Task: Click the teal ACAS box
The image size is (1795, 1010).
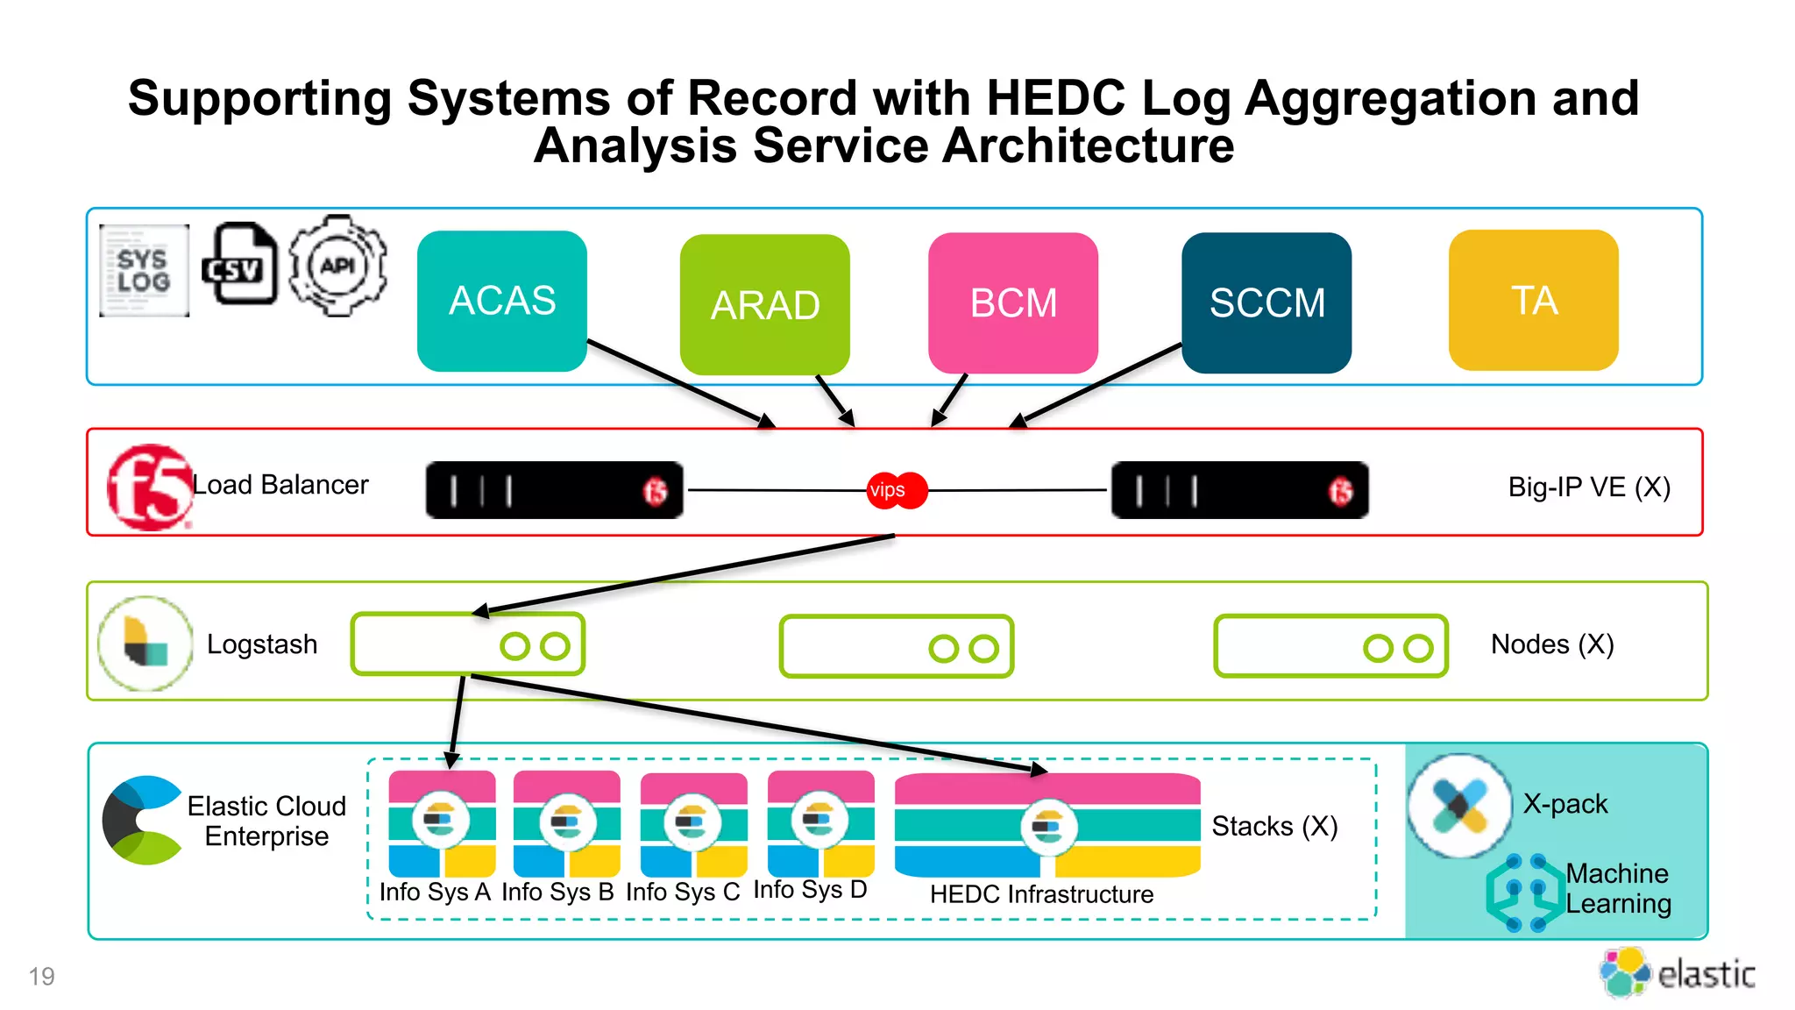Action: click(502, 301)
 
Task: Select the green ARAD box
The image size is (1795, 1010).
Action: click(764, 304)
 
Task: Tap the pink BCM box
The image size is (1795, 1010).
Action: click(1013, 302)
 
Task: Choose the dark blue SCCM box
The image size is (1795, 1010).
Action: click(1266, 302)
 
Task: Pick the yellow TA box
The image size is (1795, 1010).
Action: click(1534, 300)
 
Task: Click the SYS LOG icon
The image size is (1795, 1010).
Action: click(144, 270)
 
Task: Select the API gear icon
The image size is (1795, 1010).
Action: click(338, 266)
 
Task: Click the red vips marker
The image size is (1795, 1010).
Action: click(895, 490)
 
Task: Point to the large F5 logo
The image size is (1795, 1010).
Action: click(148, 487)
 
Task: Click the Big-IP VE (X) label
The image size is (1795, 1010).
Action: click(1588, 487)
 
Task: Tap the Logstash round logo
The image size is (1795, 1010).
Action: click(145, 644)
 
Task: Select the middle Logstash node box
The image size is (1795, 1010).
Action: click(896, 647)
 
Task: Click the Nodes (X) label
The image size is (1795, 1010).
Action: click(1552, 644)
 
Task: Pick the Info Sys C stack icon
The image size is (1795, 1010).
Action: click(693, 823)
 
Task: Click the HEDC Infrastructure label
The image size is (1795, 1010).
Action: click(1041, 894)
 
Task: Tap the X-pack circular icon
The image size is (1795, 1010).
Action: click(1459, 806)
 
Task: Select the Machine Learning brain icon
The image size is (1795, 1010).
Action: click(1525, 893)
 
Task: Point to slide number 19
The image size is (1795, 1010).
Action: click(41, 976)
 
